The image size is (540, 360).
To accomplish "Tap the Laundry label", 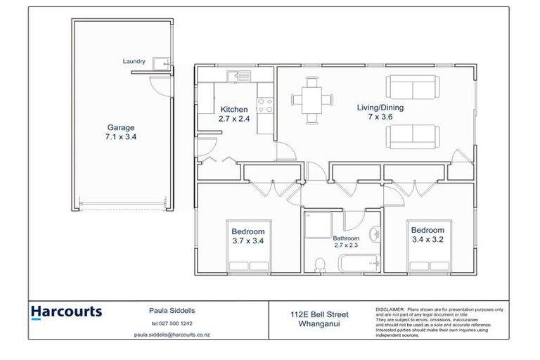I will click(134, 61).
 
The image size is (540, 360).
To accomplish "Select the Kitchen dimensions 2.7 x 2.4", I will click(234, 120).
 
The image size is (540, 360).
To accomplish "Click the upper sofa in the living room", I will click(413, 89).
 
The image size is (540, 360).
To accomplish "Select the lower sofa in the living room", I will click(413, 136).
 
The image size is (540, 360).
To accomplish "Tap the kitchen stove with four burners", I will click(266, 105).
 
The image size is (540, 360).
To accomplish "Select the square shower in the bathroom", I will click(319, 226).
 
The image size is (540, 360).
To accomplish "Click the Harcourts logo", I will click(66, 311).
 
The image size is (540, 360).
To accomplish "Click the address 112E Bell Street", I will click(319, 314).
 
